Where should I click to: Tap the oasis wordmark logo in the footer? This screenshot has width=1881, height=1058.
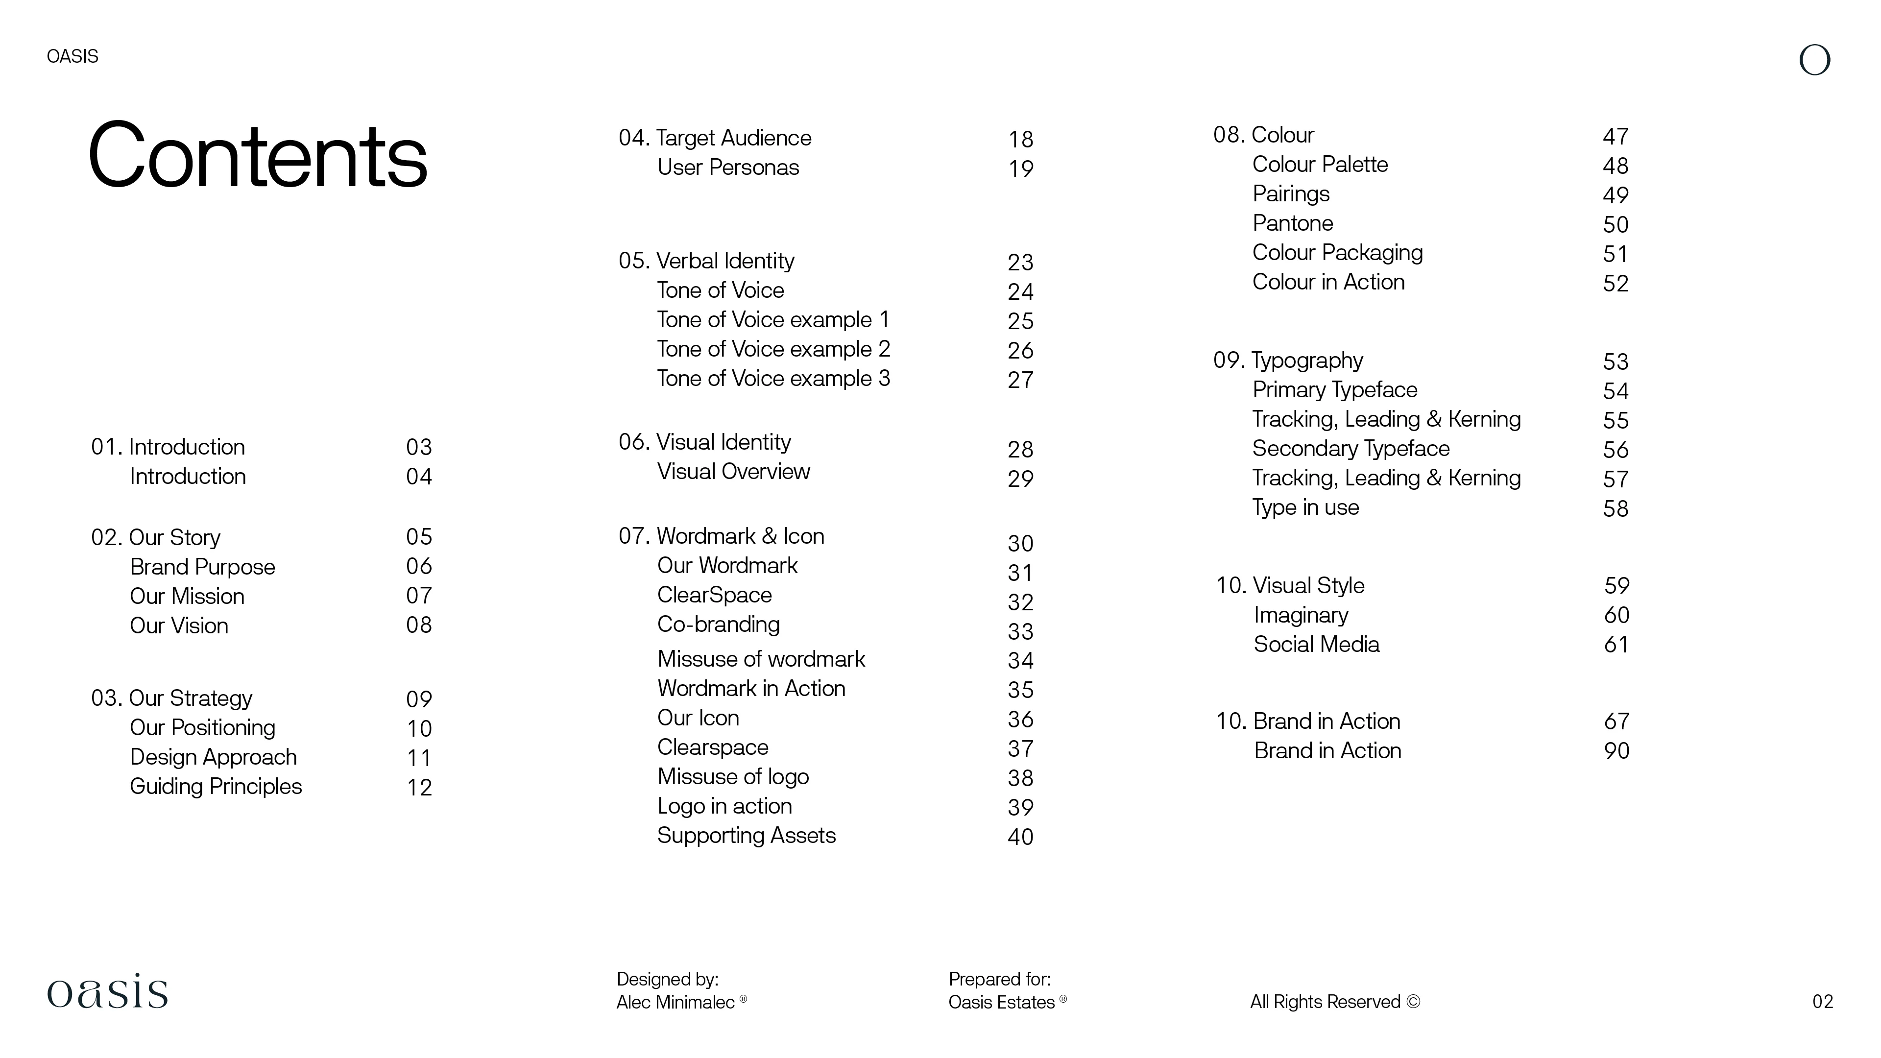[107, 991]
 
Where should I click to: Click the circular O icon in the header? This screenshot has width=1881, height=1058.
[1814, 60]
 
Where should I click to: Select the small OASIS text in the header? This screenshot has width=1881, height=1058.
[72, 56]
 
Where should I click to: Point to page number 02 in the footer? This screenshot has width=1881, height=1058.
[1822, 1001]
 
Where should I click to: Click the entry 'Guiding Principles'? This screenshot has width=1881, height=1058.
[216, 786]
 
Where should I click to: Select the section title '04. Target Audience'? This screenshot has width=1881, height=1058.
[714, 138]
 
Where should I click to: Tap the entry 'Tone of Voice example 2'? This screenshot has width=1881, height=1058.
[773, 349]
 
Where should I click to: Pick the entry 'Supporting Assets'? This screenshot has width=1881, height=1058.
[746, 835]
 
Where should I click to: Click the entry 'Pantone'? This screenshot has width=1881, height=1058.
[1293, 223]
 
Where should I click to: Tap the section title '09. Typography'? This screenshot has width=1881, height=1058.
[1288, 360]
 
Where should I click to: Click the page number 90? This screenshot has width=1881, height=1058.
[1616, 750]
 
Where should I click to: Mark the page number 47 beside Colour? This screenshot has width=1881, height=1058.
[1615, 137]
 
